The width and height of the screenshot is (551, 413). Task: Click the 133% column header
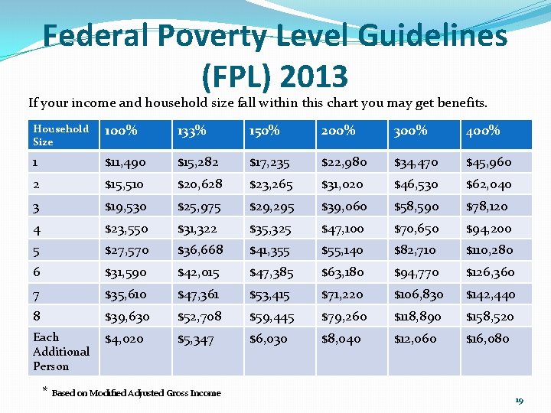[x=191, y=131]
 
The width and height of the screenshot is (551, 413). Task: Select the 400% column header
[x=483, y=131]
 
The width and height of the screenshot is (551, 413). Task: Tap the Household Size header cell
[x=60, y=135]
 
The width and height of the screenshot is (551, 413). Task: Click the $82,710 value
[x=415, y=250]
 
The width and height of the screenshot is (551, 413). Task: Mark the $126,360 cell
[x=490, y=272]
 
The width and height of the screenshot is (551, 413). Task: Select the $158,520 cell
[x=490, y=317]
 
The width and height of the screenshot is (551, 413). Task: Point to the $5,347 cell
[x=195, y=339]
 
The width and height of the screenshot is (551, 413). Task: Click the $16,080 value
[x=487, y=339]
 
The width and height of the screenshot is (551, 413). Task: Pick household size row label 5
[x=37, y=250]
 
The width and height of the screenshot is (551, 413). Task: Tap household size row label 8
[x=37, y=316]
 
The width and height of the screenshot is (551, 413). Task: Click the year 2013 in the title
[x=314, y=76]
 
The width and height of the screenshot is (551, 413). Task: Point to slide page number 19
[x=519, y=401]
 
